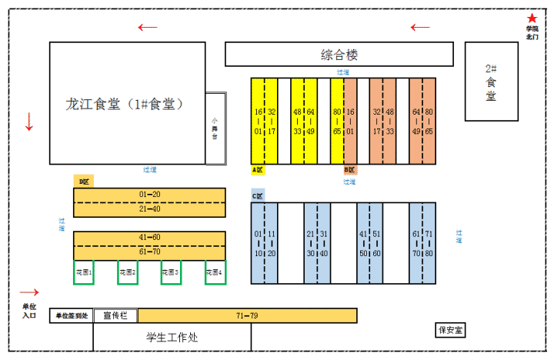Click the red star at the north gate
(532, 18)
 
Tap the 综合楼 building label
(339, 55)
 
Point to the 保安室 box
(451, 330)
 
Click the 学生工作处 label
(172, 337)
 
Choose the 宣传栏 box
(115, 315)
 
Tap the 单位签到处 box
(72, 315)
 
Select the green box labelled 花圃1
(84, 272)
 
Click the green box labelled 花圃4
(215, 272)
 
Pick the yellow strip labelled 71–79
(247, 315)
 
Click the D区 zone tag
(84, 182)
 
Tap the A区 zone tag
(258, 169)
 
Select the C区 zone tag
(258, 195)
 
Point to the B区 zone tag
(350, 169)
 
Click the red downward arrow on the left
(29, 121)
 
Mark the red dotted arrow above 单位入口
(28, 292)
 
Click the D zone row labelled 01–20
(149, 195)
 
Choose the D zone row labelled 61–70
(149, 252)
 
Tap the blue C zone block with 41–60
(369, 243)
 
